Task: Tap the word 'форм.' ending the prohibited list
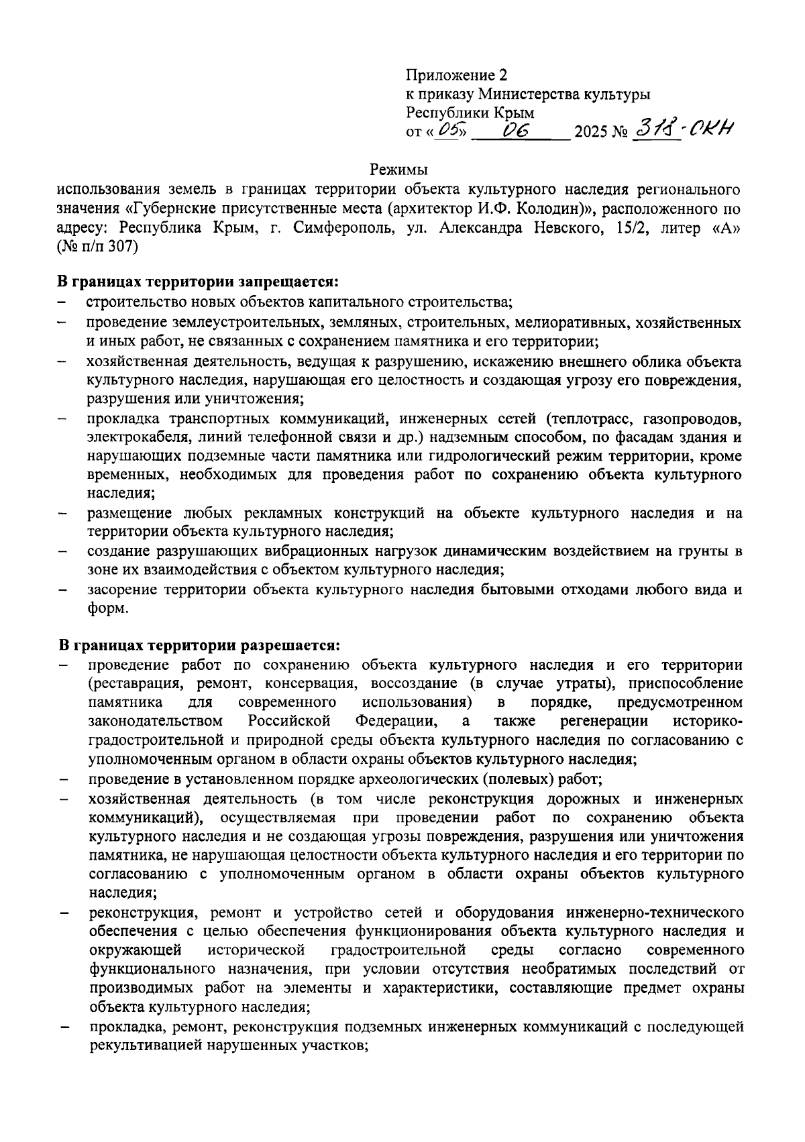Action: tap(107, 609)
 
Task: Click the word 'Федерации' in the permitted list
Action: tap(394, 722)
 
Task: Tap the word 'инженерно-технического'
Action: tap(654, 913)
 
